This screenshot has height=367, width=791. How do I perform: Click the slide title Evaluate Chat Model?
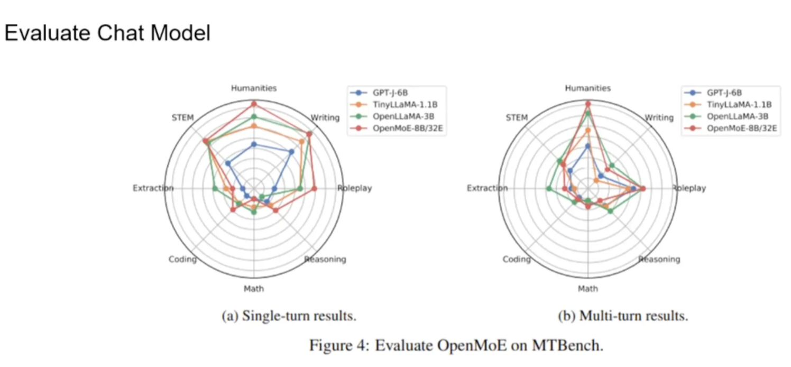pos(107,33)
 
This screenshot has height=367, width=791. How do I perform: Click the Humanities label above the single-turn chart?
pos(254,88)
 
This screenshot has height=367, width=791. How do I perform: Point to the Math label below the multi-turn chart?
pos(587,289)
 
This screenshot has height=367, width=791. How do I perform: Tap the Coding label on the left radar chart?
pos(182,259)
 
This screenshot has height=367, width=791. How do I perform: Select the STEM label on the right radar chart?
pos(517,117)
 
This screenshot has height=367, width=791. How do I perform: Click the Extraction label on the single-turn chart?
pos(153,188)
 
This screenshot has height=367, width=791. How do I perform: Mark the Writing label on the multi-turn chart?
pos(659,117)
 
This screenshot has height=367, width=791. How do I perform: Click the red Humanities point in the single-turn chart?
pos(254,103)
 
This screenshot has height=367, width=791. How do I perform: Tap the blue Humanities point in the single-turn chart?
pos(254,144)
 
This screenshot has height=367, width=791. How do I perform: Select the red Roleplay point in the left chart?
pos(314,188)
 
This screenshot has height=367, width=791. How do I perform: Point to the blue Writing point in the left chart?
pos(291,152)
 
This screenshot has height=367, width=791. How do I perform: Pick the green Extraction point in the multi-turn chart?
pos(549,188)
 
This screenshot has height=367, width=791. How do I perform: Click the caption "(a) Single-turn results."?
pos(289,316)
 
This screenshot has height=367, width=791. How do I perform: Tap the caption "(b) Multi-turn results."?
pos(623,316)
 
